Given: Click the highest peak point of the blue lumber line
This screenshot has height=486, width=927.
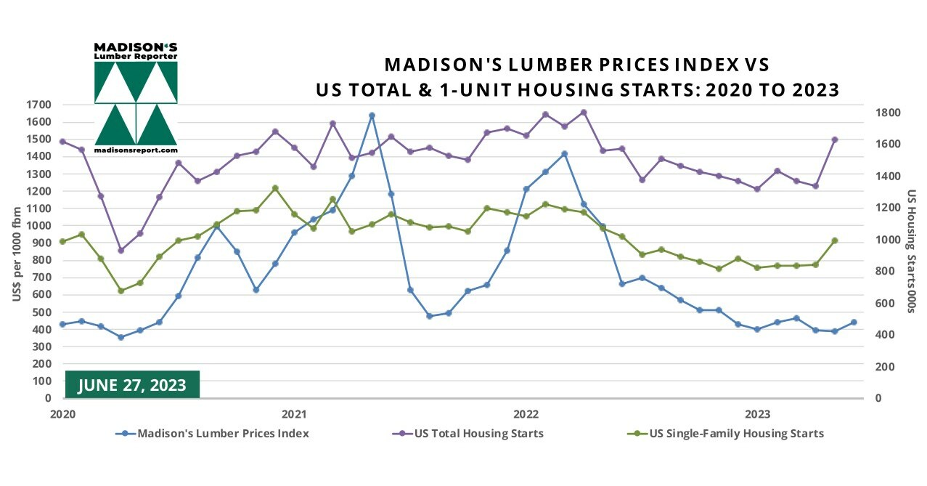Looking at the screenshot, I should point(372,116).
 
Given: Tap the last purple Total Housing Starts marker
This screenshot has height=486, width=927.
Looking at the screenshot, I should point(835,139).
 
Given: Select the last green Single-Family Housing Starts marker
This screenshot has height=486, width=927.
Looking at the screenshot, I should point(835,240).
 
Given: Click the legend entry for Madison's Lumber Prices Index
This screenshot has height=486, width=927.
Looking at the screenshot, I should point(213,434).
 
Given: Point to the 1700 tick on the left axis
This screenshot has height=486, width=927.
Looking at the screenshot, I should point(39,105).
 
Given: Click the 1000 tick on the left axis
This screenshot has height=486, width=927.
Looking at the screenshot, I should point(39,226).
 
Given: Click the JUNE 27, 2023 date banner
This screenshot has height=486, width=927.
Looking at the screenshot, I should point(132,384).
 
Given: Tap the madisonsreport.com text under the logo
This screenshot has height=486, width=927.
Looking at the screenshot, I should point(136,150).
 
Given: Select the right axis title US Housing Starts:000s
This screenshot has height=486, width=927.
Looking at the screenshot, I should point(910,251).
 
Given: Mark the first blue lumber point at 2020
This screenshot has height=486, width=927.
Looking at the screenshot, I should point(62,324).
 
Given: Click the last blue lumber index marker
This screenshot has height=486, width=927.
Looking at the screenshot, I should point(854,322).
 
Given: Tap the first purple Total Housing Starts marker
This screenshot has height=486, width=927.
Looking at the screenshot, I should point(62,142).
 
